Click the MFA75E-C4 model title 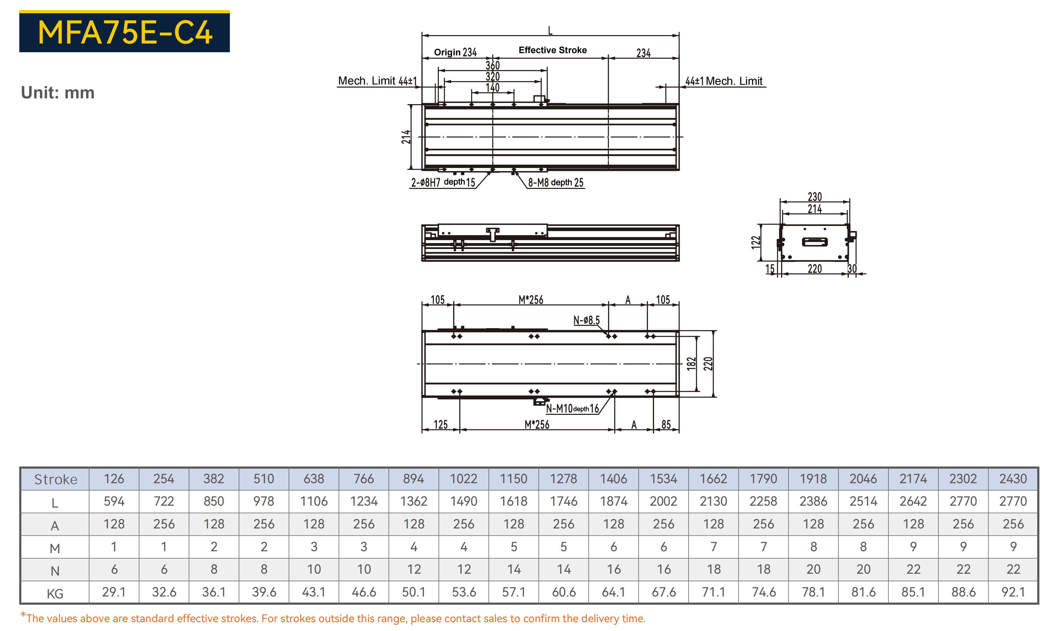pyautogui.click(x=125, y=33)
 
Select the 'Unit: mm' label pyautogui.click(x=58, y=93)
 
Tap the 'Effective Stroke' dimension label pyautogui.click(x=552, y=50)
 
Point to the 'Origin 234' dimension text pyautogui.click(x=455, y=52)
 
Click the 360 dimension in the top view pyautogui.click(x=493, y=66)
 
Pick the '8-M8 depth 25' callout pyautogui.click(x=556, y=182)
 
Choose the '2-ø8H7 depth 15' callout pyautogui.click(x=443, y=182)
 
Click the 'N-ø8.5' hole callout pyautogui.click(x=587, y=320)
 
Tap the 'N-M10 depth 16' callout pyautogui.click(x=572, y=409)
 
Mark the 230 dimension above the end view pyautogui.click(x=815, y=197)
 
